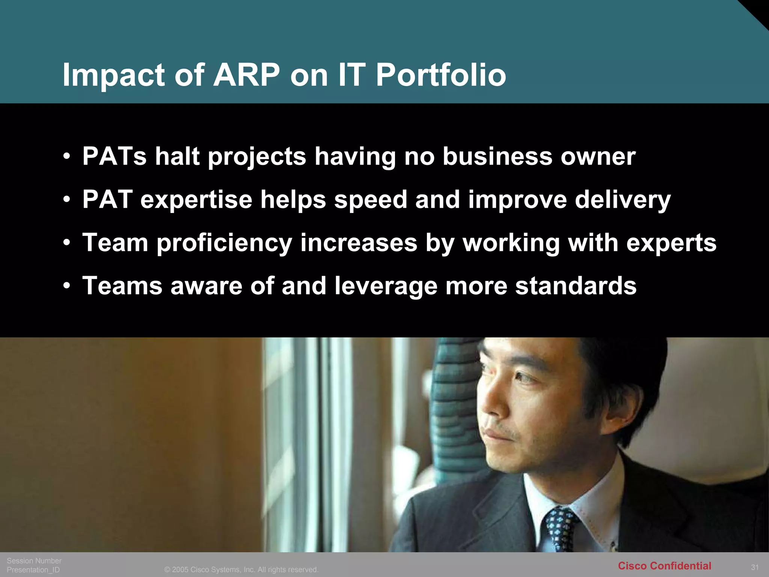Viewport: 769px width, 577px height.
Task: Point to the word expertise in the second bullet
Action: (196, 199)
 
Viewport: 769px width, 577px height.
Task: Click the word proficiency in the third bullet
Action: (224, 243)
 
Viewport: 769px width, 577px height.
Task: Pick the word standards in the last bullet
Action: (576, 286)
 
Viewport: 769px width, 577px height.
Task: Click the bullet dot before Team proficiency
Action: (67, 243)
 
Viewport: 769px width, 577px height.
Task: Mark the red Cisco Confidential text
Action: (664, 566)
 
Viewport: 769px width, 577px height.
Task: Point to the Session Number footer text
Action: (34, 560)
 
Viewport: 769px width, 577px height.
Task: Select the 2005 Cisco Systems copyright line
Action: (241, 569)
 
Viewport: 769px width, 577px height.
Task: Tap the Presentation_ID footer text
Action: (33, 570)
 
